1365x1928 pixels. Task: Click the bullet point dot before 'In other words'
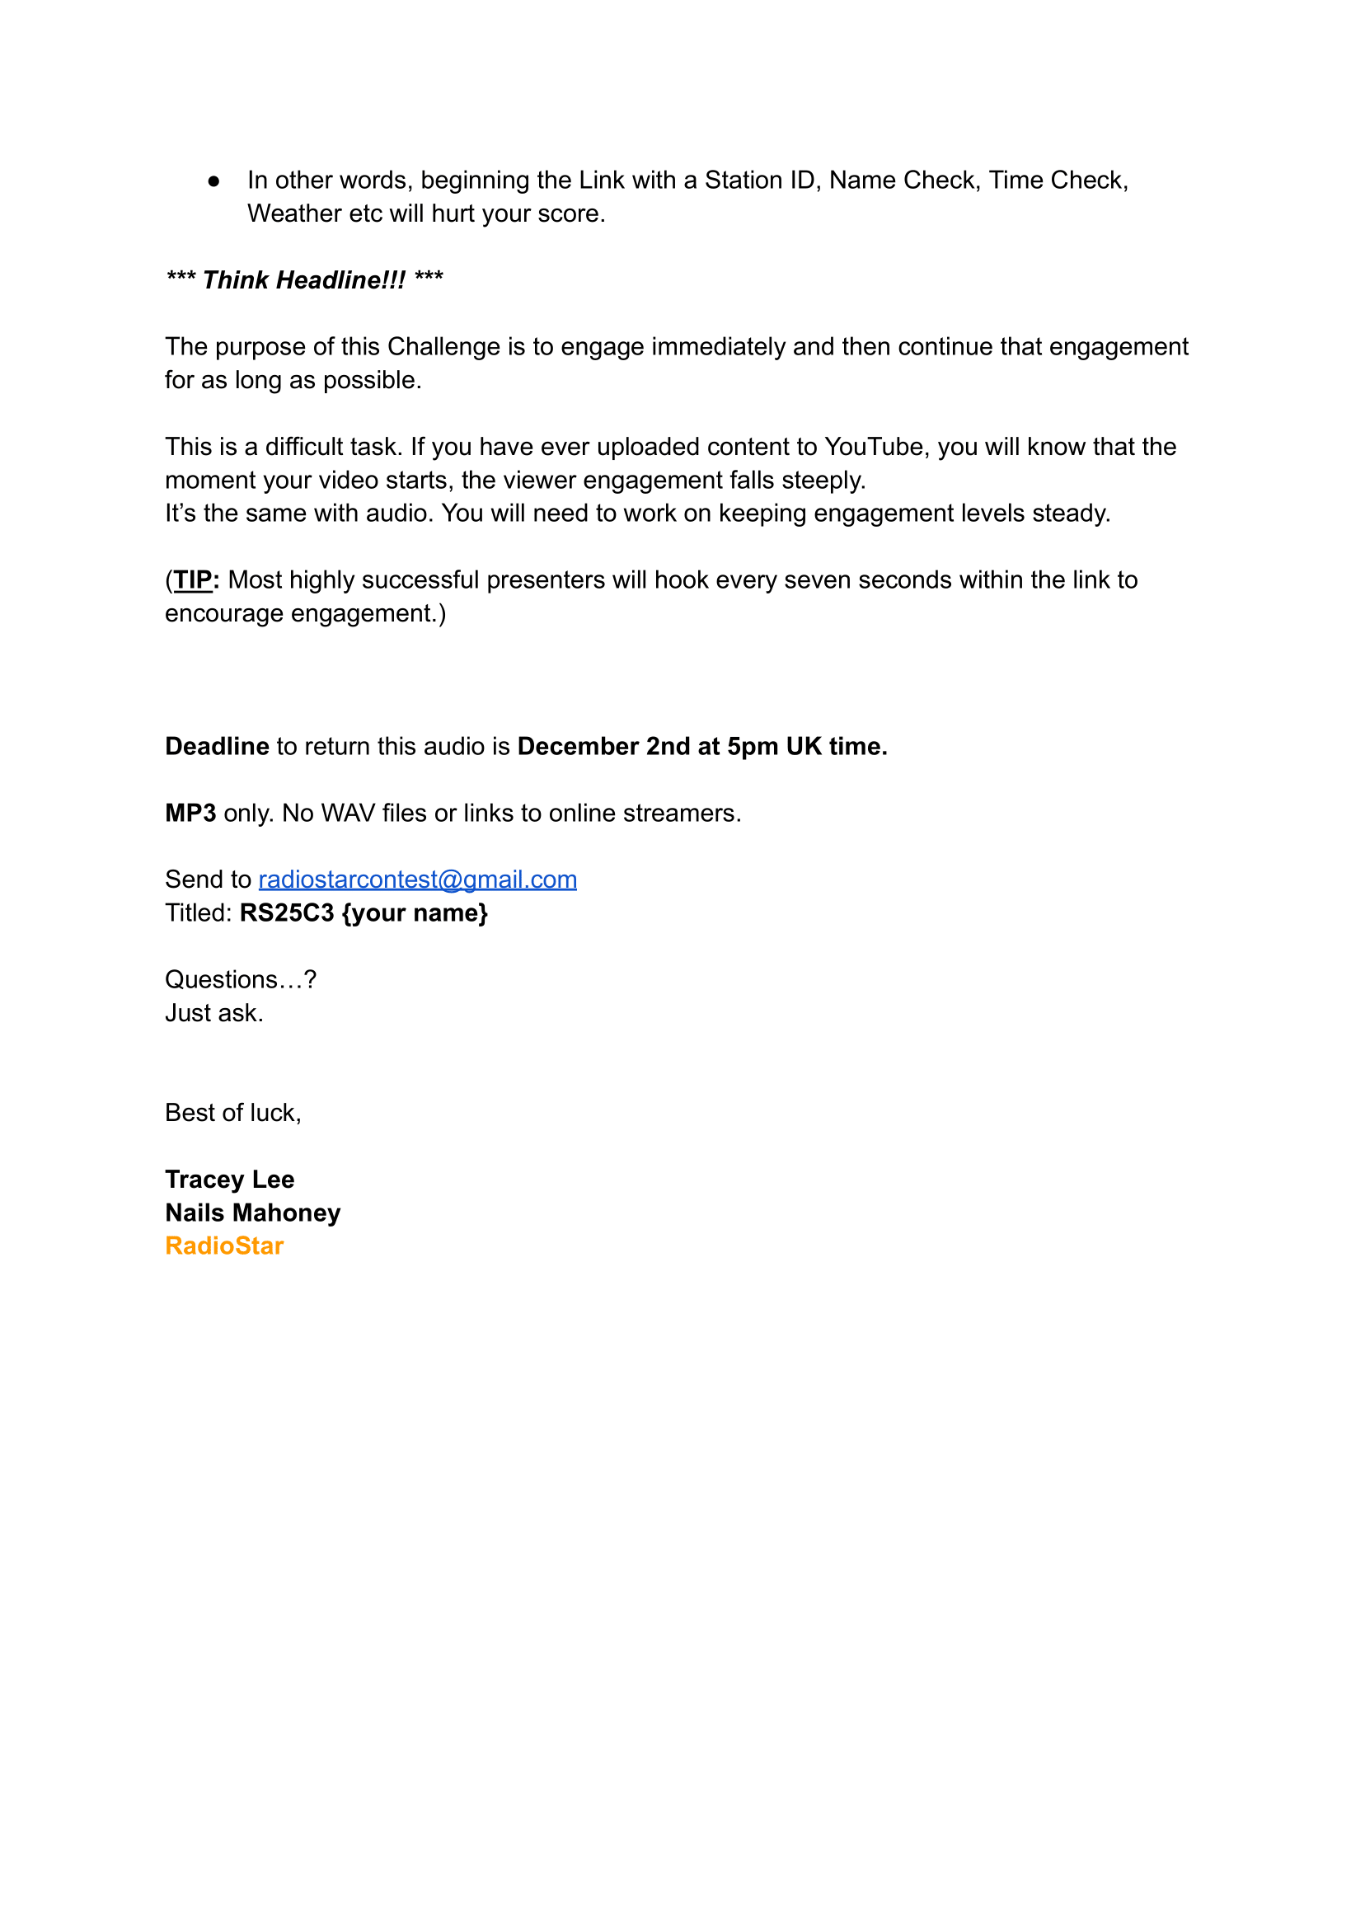tap(214, 181)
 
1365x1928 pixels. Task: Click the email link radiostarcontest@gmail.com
tap(417, 880)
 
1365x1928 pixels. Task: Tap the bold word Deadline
tap(217, 746)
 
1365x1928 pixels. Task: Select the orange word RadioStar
tap(224, 1245)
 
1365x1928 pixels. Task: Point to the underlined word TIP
tap(193, 580)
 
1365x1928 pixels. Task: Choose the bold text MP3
tap(190, 813)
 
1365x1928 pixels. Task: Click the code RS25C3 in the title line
tap(287, 912)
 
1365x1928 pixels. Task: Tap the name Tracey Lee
tap(229, 1180)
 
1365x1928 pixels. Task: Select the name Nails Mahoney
tap(253, 1213)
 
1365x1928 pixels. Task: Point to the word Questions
tap(221, 979)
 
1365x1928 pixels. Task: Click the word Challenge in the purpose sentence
tap(443, 346)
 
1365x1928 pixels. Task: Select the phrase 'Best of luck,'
tap(232, 1113)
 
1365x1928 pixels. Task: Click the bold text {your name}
tap(415, 912)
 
